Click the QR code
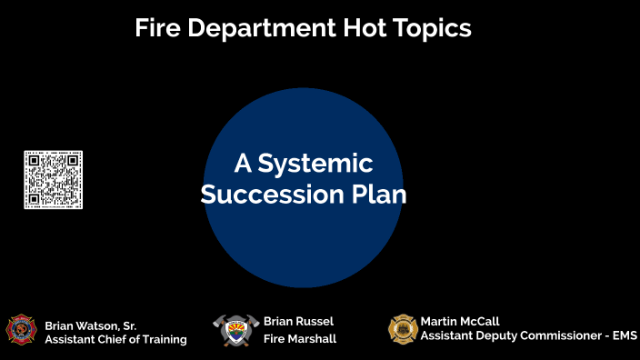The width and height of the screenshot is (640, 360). point(53,181)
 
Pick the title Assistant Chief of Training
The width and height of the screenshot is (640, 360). point(115,340)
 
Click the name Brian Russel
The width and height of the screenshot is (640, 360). point(298,321)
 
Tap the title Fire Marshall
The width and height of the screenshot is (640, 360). point(299,339)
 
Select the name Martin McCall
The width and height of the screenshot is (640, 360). point(460,321)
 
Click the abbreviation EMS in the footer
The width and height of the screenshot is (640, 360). point(625,336)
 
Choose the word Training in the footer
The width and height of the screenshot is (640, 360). point(162,340)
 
